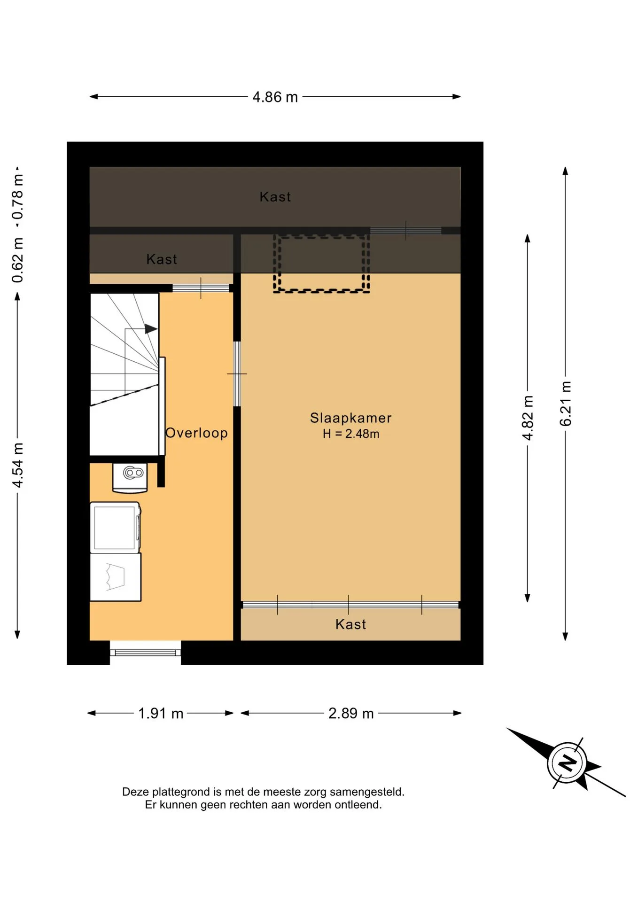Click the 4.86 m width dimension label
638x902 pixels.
point(275,97)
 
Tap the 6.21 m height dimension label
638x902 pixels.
point(566,404)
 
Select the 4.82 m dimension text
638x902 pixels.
point(528,418)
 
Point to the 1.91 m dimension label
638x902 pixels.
point(160,713)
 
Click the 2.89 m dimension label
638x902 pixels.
point(351,713)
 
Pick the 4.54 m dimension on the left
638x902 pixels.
point(17,465)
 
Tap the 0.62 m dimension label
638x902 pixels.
point(17,260)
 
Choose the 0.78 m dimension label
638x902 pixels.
point(17,197)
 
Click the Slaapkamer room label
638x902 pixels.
point(350,418)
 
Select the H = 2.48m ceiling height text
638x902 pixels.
point(350,434)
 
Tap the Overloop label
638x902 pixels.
point(196,433)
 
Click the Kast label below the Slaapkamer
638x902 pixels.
point(350,624)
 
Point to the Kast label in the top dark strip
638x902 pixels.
point(275,196)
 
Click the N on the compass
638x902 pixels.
point(568,762)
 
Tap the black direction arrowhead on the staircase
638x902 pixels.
point(151,329)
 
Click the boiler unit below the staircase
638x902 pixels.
point(130,477)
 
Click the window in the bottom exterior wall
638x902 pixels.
point(146,653)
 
